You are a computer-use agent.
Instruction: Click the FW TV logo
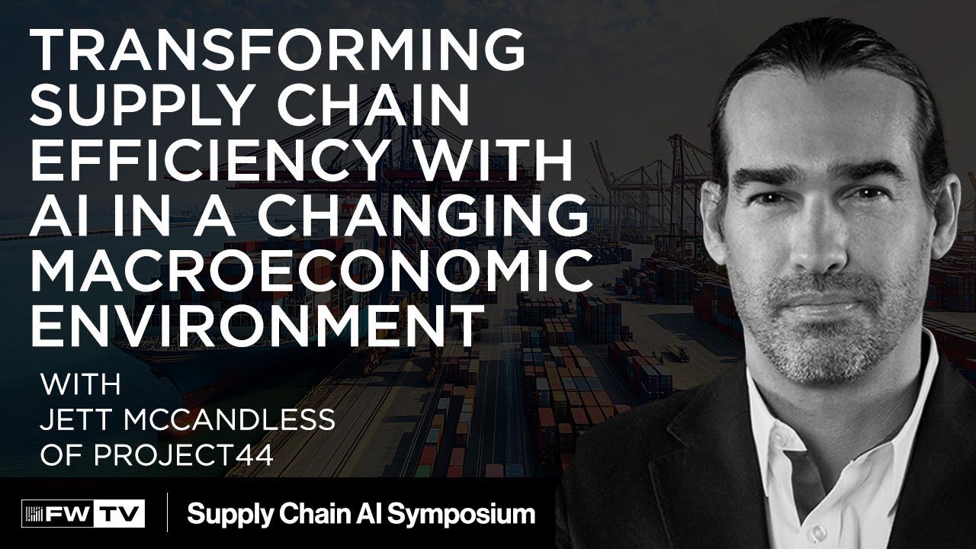click(x=83, y=513)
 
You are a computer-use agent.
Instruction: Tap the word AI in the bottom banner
click(x=372, y=513)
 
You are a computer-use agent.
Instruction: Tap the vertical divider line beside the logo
click(x=167, y=512)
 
